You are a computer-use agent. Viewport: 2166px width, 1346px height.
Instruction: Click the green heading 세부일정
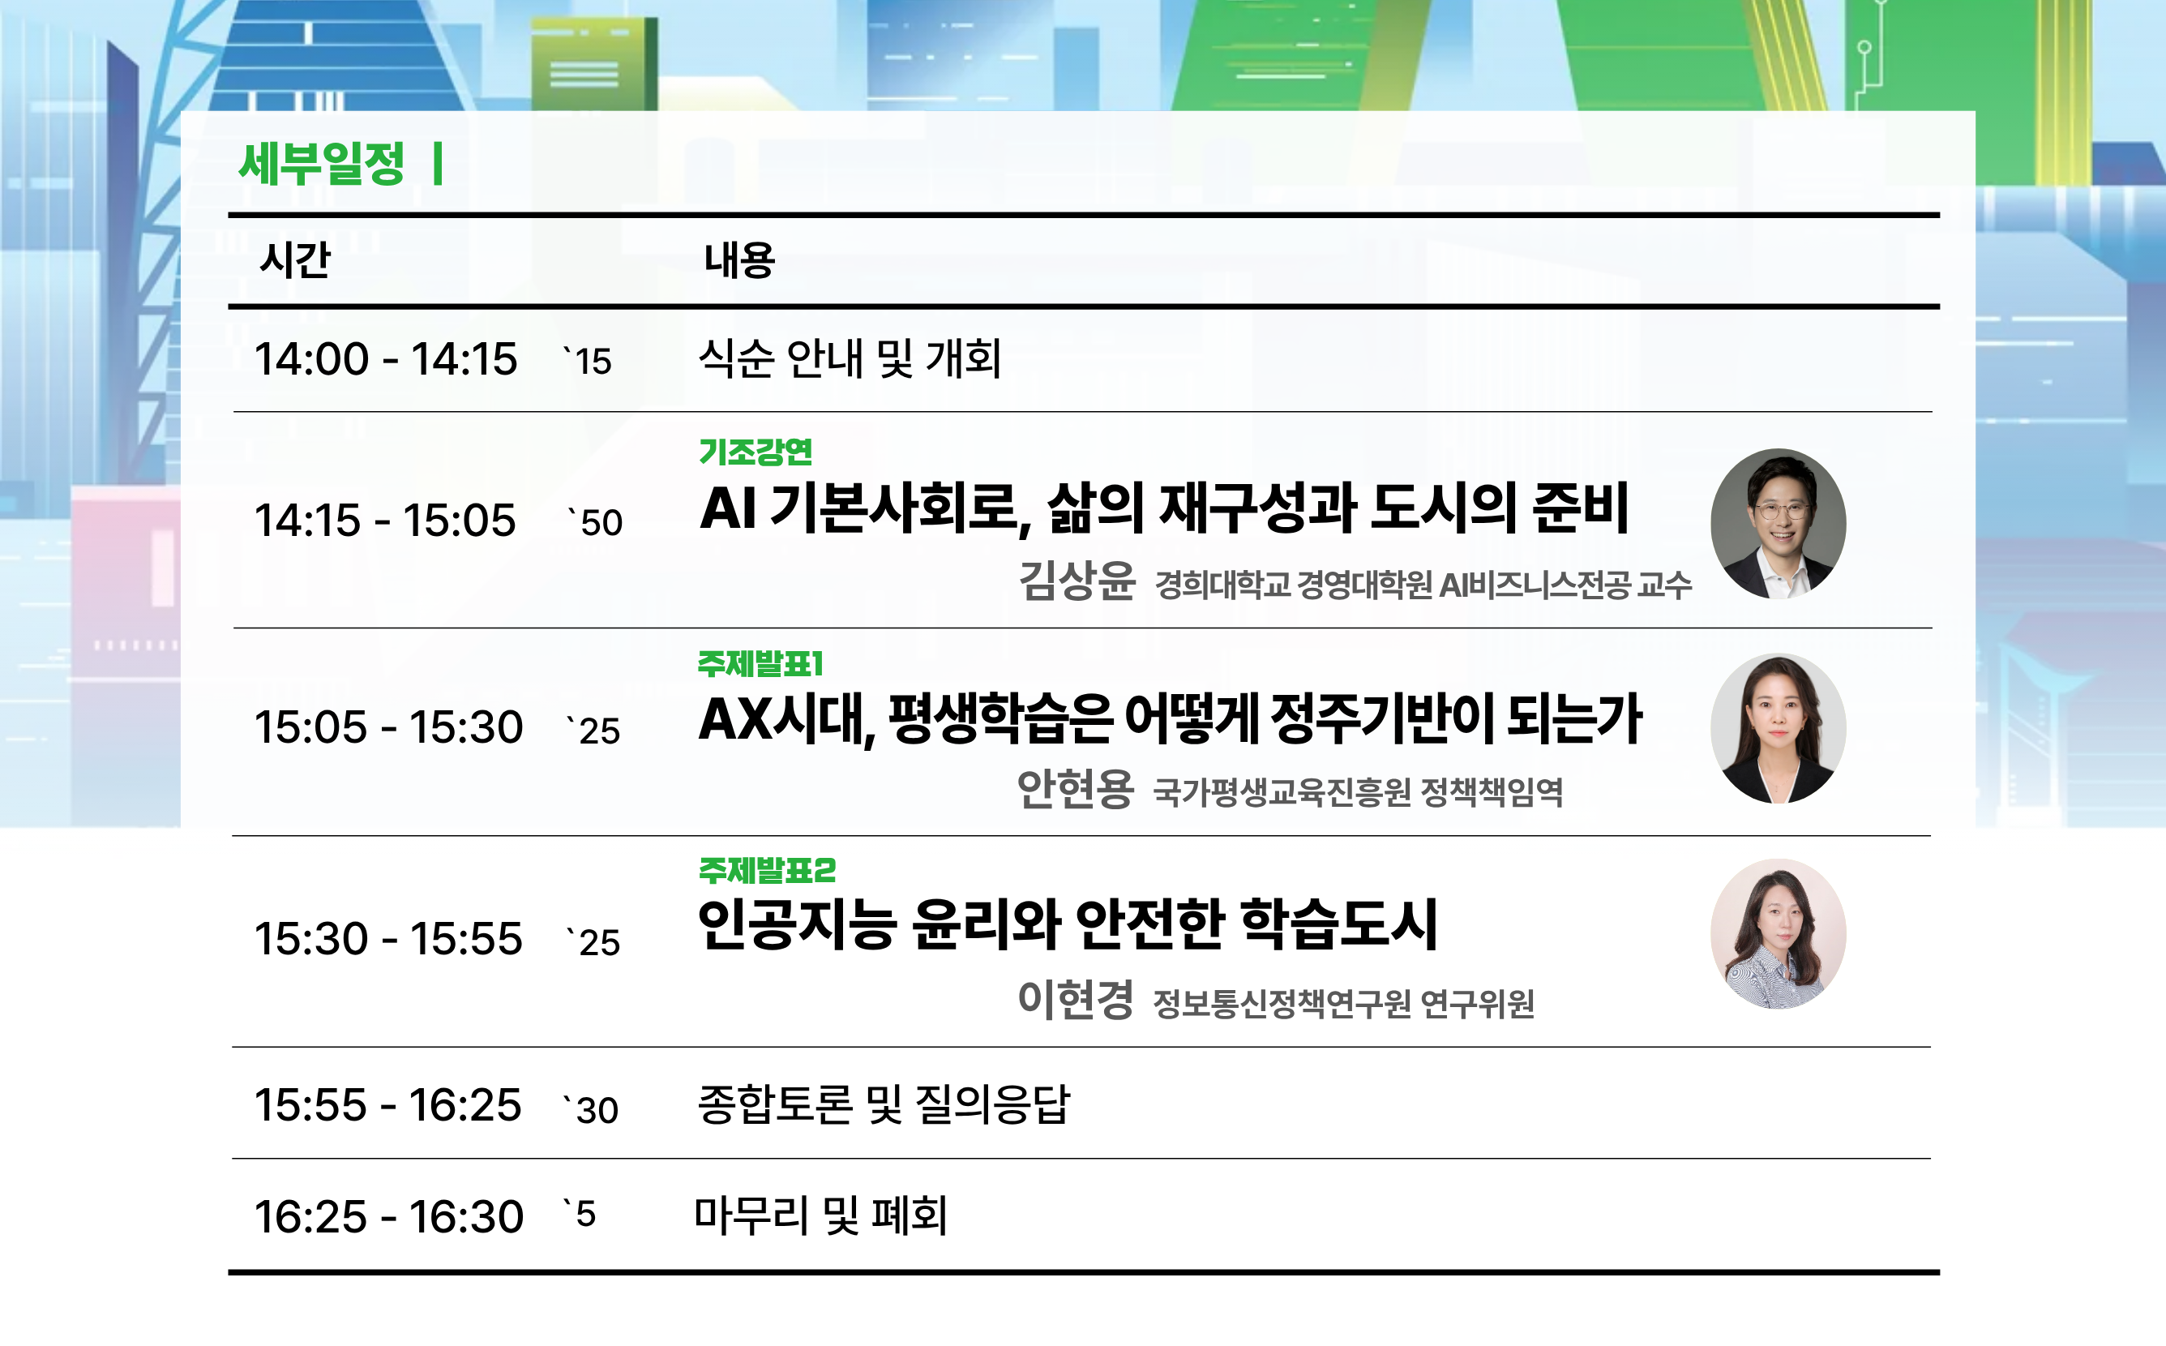(x=322, y=164)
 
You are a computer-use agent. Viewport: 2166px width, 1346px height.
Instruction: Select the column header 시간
(x=294, y=260)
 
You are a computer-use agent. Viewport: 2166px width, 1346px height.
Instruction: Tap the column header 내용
(x=739, y=260)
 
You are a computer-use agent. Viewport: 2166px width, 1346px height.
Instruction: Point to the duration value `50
(x=595, y=521)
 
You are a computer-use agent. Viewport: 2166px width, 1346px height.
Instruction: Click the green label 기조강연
(x=756, y=452)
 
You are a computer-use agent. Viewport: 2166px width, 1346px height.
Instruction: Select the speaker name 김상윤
(x=1077, y=581)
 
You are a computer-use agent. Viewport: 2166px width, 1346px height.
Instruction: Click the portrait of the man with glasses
(x=1778, y=524)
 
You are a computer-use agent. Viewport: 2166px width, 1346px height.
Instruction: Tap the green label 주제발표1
(x=761, y=663)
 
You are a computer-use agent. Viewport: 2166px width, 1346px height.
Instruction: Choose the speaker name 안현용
(x=1075, y=789)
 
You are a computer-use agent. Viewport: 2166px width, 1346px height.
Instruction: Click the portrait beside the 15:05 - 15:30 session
(x=1778, y=728)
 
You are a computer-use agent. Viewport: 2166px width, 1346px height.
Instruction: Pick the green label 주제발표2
(x=767, y=870)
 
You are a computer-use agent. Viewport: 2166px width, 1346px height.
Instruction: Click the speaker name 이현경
(x=1075, y=999)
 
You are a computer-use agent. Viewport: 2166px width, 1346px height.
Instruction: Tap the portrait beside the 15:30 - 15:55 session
(x=1778, y=934)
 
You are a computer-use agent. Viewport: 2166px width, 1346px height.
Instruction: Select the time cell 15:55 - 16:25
(x=388, y=1104)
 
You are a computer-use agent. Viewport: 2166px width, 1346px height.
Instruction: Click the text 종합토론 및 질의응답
(x=884, y=1104)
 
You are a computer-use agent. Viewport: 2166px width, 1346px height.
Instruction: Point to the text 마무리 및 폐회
(x=820, y=1215)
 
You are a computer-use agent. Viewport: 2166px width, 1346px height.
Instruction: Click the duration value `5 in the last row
(x=580, y=1213)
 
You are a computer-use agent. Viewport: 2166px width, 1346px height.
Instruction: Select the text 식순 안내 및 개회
(x=850, y=358)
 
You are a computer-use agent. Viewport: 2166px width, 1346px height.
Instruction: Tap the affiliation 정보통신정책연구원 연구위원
(x=1344, y=1003)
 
